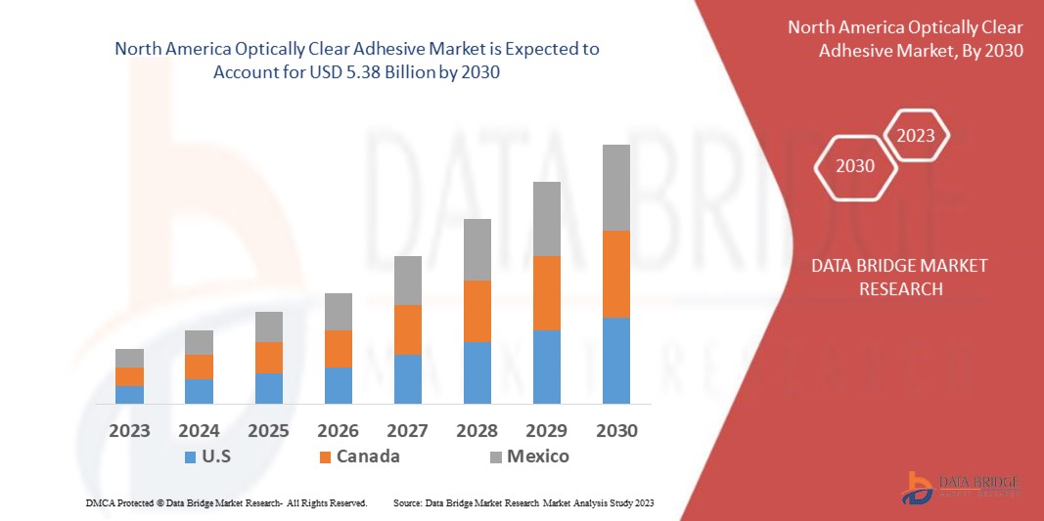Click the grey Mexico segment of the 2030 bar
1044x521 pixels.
point(615,188)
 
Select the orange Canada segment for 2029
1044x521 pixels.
point(546,293)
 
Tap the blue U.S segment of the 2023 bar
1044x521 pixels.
point(129,394)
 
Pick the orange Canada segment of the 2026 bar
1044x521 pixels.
point(339,349)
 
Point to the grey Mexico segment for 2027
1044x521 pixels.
point(408,281)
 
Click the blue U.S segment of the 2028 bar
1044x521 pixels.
point(477,372)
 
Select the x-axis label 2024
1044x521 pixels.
point(199,431)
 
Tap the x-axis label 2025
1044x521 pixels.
point(268,431)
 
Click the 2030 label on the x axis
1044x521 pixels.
point(615,431)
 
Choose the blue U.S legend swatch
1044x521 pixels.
point(190,456)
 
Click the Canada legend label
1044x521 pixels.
point(368,456)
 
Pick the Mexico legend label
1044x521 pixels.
point(537,456)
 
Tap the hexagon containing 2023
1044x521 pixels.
point(916,136)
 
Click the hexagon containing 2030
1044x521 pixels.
point(855,166)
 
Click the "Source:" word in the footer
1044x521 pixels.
point(407,502)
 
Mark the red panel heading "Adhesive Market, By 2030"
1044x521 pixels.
point(921,50)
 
